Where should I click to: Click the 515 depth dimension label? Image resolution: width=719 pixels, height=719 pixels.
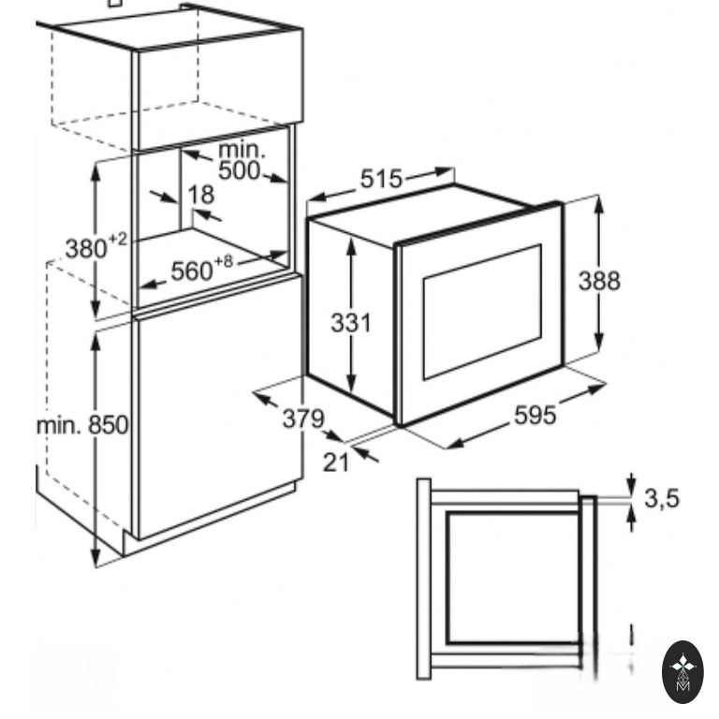381,179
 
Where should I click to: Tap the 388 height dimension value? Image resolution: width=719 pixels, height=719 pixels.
599,281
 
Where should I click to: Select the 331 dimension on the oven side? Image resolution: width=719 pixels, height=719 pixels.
351,323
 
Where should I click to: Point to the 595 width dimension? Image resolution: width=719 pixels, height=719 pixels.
536,416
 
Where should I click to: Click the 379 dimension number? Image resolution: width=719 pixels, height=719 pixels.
303,418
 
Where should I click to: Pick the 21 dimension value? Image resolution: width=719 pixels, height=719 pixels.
336,462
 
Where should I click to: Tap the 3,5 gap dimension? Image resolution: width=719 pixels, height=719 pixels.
662,498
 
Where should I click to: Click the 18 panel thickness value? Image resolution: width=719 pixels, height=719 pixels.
201,195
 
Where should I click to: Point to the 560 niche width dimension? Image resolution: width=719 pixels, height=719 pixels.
192,271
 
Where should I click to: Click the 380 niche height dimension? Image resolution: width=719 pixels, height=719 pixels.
86,249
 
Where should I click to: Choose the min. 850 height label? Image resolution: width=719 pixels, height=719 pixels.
82,425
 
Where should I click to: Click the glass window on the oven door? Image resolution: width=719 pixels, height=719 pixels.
482,313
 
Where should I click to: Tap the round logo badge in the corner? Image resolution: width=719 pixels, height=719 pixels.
682,672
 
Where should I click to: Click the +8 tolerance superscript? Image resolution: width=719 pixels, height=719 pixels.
224,262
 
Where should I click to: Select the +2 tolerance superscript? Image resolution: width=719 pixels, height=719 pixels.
118,240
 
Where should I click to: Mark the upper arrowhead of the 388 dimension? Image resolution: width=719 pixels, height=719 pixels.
598,204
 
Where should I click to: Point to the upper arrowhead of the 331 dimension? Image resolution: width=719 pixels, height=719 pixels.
351,247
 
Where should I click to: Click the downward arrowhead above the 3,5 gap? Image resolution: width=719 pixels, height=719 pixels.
632,485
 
